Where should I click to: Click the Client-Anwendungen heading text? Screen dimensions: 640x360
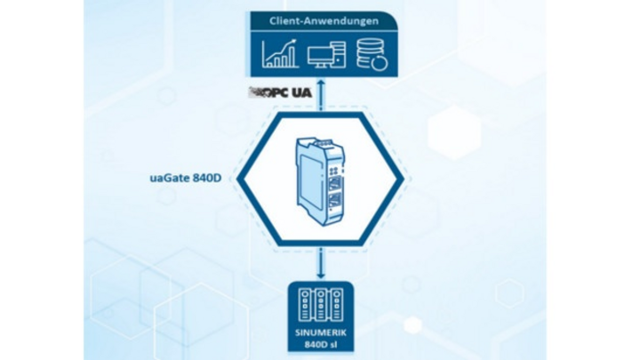[324, 20]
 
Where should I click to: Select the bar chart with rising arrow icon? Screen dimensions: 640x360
[280, 53]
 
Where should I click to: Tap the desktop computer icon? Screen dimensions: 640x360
[326, 55]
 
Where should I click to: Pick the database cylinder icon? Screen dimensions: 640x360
[372, 54]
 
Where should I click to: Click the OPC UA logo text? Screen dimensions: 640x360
[280, 92]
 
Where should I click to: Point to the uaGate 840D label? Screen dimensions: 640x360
[186, 179]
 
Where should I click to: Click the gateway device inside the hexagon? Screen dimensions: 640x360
[321, 181]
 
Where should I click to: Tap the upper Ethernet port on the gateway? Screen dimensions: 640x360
[335, 185]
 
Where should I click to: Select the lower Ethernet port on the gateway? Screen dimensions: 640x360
[335, 204]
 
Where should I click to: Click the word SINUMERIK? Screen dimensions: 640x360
[321, 332]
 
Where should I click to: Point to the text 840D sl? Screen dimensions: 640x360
[321, 345]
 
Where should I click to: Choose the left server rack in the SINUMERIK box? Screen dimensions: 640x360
[305, 305]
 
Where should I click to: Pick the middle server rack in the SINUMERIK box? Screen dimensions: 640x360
[321, 305]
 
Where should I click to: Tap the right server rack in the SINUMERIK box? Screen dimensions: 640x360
[336, 305]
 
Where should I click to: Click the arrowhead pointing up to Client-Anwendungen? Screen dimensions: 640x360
[321, 83]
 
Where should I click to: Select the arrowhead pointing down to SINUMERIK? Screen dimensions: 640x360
[321, 276]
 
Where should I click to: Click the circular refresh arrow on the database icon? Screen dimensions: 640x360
[380, 63]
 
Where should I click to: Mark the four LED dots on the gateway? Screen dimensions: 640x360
[334, 172]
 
